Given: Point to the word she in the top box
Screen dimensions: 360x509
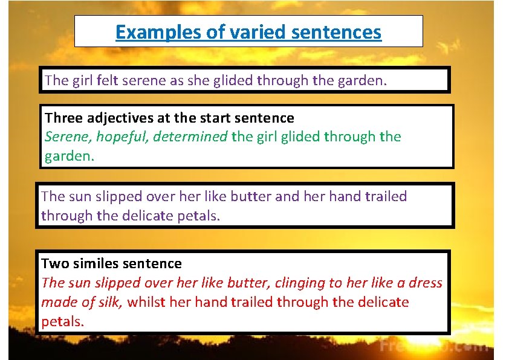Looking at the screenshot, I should [198, 80].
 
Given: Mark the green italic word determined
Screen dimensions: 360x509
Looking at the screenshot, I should [190, 137].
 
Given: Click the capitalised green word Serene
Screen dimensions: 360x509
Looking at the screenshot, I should [66, 137].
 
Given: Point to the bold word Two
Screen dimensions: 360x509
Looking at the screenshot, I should [53, 263].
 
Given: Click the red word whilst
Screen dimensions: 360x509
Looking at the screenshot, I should [146, 302].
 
